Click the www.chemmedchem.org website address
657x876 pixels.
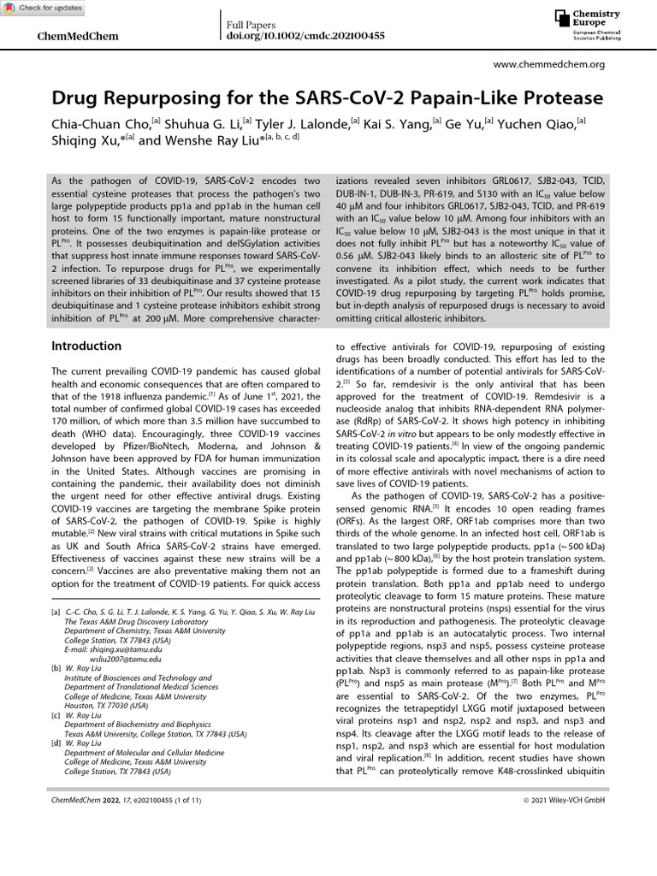(550, 64)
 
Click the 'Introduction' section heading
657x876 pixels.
(86, 346)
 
